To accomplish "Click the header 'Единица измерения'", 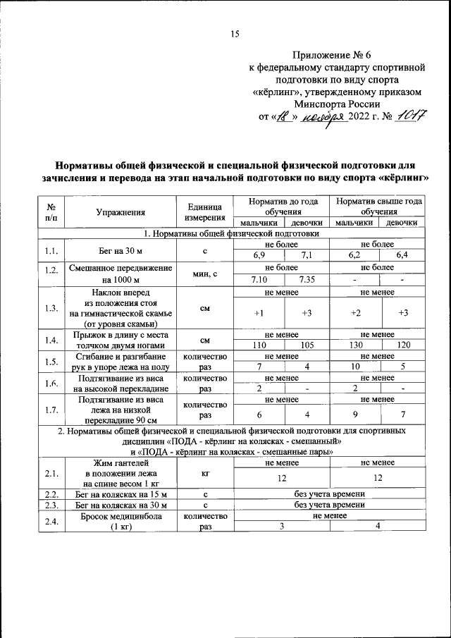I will click(205, 211).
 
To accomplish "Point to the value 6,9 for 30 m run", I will click(259, 254).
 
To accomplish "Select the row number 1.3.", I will click(51, 308).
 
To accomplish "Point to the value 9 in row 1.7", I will click(355, 415).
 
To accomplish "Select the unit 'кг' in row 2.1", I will click(205, 477).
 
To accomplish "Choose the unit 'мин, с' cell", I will click(205, 274).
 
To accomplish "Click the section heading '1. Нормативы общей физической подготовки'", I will click(231, 233).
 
